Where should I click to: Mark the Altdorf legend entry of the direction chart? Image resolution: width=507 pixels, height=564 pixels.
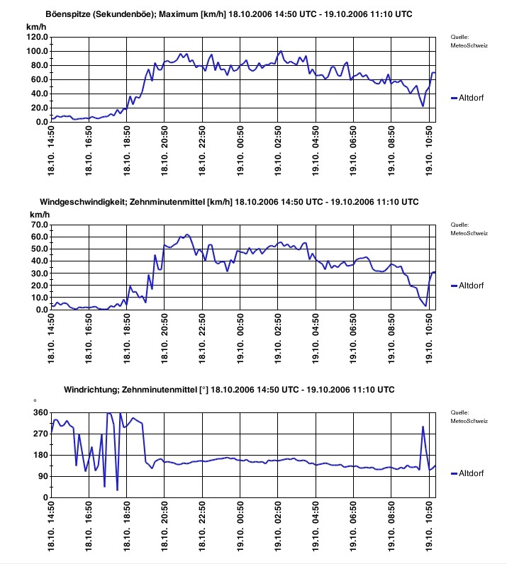click(x=471, y=473)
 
